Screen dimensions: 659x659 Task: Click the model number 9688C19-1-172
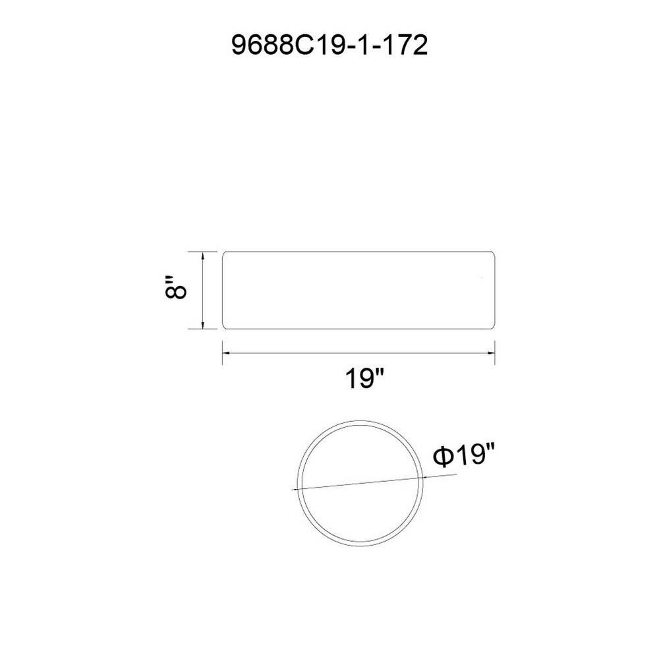(x=329, y=45)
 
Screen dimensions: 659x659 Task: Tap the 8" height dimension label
(x=175, y=287)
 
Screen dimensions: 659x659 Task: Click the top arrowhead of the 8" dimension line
(x=204, y=255)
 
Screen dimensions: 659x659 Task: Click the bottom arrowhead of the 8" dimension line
(x=204, y=326)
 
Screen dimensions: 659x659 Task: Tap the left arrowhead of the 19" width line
(x=226, y=353)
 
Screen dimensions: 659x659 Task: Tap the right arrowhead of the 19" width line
(x=490, y=353)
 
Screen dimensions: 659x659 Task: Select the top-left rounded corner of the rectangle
(x=224, y=254)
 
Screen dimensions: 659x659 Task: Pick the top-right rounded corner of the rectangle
(x=492, y=254)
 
